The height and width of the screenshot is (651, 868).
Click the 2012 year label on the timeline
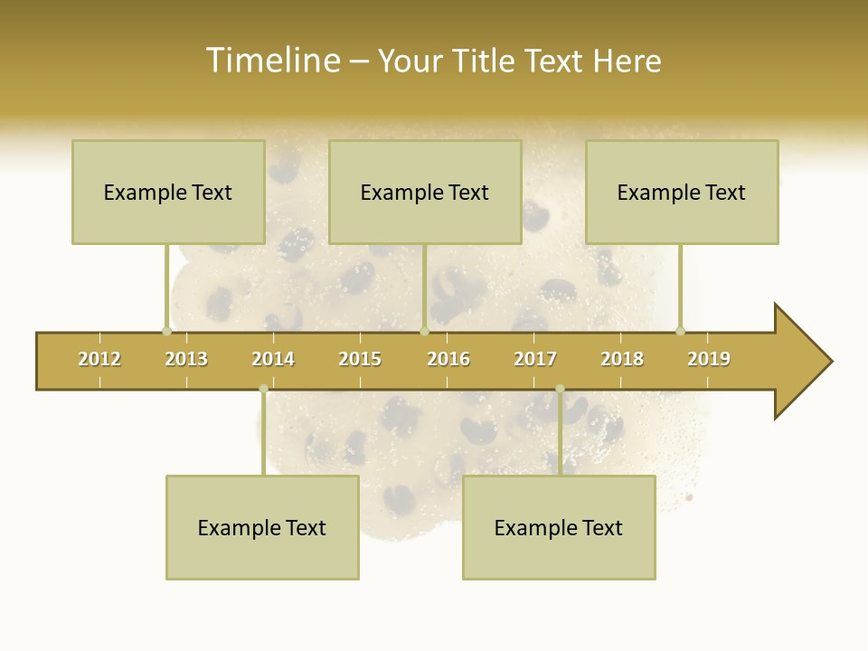99,359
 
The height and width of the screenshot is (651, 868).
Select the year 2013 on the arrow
186,359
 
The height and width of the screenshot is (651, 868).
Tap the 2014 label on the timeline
273,359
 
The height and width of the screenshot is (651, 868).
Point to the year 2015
360,359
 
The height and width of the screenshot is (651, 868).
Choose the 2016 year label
448,359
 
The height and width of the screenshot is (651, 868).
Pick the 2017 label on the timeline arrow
535,359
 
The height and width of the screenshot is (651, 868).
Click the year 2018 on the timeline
622,359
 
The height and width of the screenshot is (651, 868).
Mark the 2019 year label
709,359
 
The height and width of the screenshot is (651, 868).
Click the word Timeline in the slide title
272,61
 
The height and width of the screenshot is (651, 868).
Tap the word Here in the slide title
627,61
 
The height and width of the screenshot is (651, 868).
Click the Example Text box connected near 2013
168,192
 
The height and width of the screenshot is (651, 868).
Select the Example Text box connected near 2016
425,192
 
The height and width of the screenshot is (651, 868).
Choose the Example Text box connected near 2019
682,192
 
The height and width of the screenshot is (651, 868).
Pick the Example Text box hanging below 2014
262,527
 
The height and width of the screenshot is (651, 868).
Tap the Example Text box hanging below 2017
559,527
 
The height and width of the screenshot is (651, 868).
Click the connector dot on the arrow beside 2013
166,331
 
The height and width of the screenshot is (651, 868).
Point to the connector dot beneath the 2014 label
263,389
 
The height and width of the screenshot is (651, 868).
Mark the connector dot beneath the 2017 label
560,389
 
